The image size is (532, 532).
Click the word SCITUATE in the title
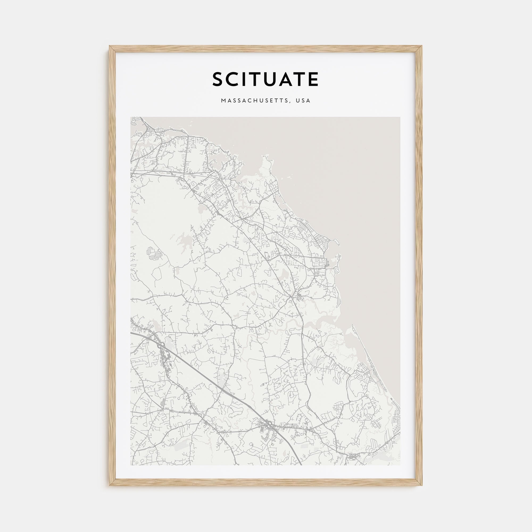(265, 79)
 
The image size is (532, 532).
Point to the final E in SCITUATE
(313, 79)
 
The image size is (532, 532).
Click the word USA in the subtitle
(303, 101)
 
